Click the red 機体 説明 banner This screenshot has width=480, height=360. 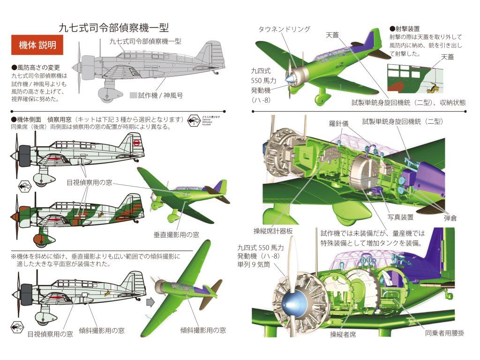click(x=37, y=45)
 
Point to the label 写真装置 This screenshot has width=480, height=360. click(x=400, y=217)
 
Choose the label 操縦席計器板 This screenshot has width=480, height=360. click(x=273, y=230)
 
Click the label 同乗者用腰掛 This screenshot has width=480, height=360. click(x=445, y=334)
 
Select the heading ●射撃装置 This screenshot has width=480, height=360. click(x=405, y=29)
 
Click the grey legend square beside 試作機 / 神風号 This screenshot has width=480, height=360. click(x=133, y=95)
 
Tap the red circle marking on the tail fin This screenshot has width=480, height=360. click(x=136, y=142)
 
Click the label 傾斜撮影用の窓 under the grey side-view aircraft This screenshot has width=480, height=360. click(x=101, y=330)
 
